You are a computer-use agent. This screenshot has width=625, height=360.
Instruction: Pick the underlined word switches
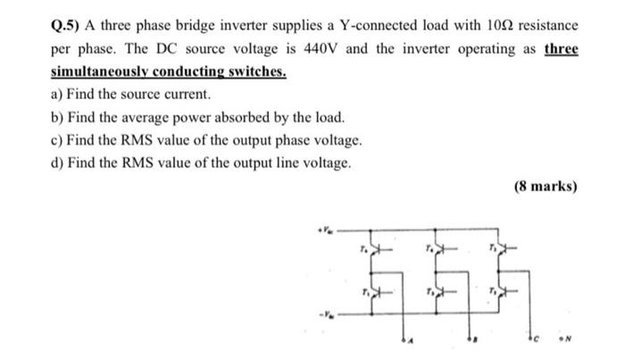point(254,71)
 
